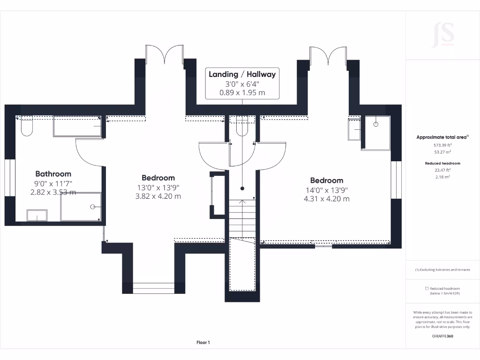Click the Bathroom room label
[53, 174]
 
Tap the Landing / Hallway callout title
[242, 74]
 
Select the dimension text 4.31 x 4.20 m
[326, 198]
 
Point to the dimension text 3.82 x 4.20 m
[158, 196]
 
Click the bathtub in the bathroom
[77, 127]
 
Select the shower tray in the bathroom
[81, 206]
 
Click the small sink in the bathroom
[37, 216]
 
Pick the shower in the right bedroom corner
[375, 133]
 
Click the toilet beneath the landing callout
[242, 126]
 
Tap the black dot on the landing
[242, 188]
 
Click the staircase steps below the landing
[242, 218]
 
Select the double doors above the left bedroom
[164, 54]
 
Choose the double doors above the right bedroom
[328, 55]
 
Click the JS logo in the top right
[443, 35]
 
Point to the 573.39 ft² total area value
[442, 145]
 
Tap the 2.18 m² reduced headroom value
[442, 177]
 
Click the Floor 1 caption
[203, 343]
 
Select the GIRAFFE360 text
[442, 336]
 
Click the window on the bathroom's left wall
[10, 178]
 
